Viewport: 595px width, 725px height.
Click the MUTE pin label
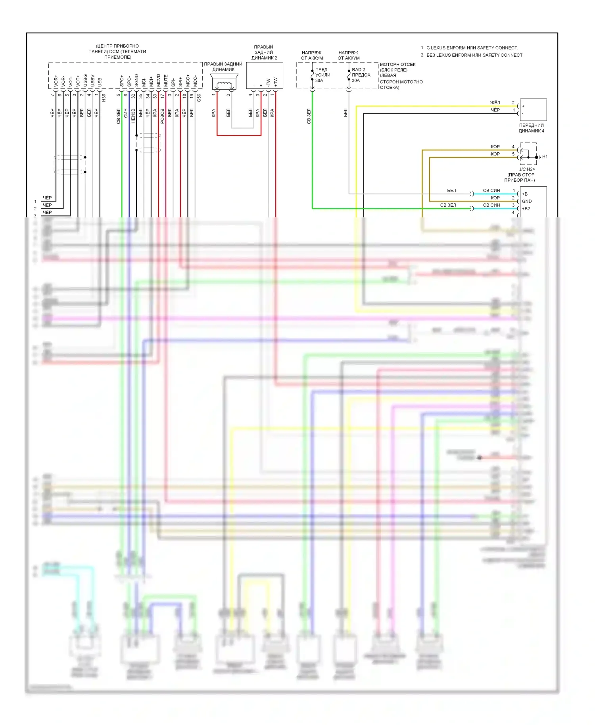(166, 81)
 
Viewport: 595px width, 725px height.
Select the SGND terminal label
(136, 81)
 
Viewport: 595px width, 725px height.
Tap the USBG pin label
(85, 81)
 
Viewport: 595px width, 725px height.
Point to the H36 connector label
(104, 97)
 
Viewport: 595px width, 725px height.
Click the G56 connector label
(199, 97)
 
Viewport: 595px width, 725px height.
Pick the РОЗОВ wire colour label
(162, 116)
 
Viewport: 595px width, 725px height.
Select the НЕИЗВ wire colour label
(133, 116)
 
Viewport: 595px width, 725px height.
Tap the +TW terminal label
(276, 82)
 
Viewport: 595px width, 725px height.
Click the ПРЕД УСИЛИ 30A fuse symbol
(313, 75)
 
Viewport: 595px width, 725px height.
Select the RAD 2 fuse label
(358, 70)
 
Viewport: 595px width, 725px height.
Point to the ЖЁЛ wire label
(495, 103)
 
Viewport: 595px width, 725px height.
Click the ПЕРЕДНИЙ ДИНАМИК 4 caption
(531, 128)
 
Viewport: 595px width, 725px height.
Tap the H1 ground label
(545, 157)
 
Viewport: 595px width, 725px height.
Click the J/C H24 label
(527, 169)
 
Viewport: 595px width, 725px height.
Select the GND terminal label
(527, 201)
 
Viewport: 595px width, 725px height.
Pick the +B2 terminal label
(526, 209)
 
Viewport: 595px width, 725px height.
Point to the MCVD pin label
(159, 81)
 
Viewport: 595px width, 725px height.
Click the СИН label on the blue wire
(126, 113)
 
